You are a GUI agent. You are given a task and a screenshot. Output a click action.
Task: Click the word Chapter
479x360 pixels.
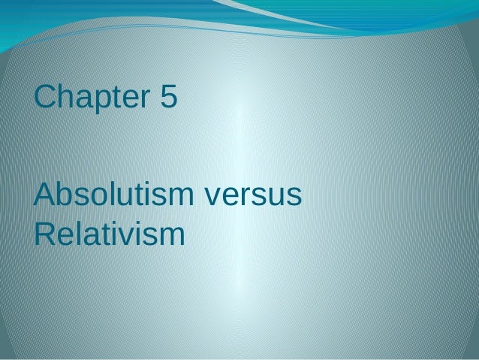click(x=91, y=97)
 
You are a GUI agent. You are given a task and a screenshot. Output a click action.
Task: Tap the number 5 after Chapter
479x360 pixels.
click(x=167, y=97)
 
